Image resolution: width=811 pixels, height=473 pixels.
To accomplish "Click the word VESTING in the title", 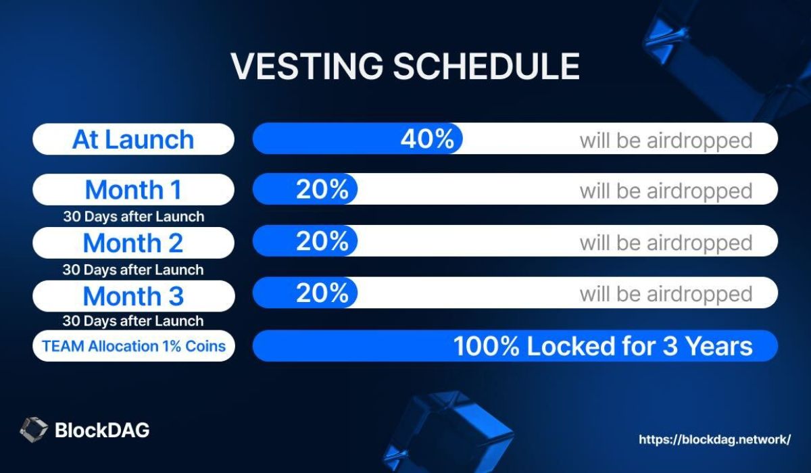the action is coord(307,66).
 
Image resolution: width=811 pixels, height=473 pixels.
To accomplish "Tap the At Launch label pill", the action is coord(133,139).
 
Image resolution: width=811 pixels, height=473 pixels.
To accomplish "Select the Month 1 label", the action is coord(133,189).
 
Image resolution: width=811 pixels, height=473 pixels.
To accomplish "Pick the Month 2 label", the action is coord(133,243).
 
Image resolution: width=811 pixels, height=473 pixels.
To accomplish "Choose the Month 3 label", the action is coord(133,296).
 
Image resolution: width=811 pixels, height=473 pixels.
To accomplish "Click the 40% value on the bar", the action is coord(427,139).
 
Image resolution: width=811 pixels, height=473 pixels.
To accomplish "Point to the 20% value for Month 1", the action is coord(322,189).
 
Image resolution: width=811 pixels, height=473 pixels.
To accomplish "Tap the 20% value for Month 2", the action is coord(322,241).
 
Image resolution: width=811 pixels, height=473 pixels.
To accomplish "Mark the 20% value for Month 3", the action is coord(322,293).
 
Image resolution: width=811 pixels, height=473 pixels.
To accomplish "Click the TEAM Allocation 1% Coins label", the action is coord(134,346).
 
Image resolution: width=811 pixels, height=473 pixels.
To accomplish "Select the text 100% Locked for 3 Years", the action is coord(603,346).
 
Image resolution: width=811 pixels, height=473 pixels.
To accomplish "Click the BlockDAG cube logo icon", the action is coord(34,430).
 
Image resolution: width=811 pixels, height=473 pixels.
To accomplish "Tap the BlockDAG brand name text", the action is coord(102,430).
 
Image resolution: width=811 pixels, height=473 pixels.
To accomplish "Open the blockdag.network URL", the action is coord(715,439).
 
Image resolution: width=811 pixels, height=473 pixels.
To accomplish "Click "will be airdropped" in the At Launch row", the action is coord(666,141).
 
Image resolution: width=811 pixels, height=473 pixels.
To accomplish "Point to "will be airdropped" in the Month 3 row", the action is coord(666,294).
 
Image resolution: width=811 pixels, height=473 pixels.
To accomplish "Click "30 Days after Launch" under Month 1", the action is coord(134,216).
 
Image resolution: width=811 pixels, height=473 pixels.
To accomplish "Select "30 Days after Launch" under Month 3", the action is coord(133,321).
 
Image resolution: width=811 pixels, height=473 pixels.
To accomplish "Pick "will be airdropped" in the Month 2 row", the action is coord(666,243).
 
